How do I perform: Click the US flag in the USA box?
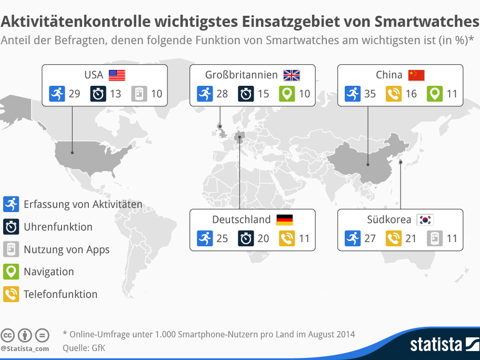tap(117, 75)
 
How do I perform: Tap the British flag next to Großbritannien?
tap(291, 75)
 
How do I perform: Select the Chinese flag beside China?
tap(416, 75)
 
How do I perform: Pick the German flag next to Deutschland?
tap(284, 220)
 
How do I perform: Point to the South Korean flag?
tap(424, 220)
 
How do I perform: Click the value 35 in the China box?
tap(370, 94)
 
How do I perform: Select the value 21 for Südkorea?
tap(411, 238)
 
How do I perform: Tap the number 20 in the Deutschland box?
tap(263, 238)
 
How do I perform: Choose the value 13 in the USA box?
tap(115, 94)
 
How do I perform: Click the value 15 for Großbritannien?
tap(263, 94)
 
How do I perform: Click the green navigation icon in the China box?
tap(434, 94)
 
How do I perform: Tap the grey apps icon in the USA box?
tap(138, 94)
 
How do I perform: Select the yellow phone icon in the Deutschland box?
tap(286, 238)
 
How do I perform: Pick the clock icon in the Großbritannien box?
tap(246, 94)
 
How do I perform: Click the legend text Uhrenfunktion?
tap(58, 227)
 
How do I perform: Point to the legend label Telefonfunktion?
tap(61, 294)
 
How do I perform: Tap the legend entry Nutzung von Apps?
tap(66, 249)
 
